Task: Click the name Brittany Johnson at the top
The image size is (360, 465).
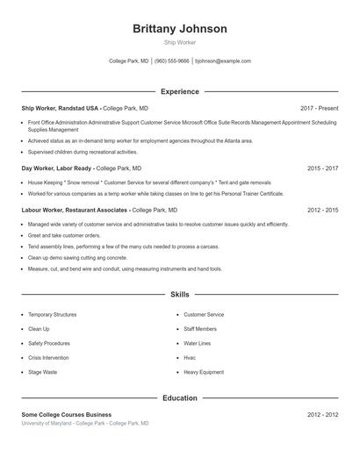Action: [179, 29]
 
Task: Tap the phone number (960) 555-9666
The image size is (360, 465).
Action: [171, 61]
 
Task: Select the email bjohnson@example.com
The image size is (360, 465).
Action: [223, 61]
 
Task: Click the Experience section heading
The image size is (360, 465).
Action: [179, 91]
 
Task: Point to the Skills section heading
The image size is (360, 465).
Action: [179, 295]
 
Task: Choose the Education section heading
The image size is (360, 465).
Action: [179, 398]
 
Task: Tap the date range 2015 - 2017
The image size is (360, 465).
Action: [322, 168]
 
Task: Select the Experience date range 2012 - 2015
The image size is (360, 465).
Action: [322, 211]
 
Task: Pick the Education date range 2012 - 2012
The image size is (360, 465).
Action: [322, 414]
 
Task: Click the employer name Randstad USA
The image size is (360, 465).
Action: [80, 108]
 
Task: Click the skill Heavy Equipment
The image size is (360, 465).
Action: [204, 373]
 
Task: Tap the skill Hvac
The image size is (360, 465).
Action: [190, 358]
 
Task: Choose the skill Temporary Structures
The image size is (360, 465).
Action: [53, 314]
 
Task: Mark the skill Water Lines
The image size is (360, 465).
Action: [198, 343]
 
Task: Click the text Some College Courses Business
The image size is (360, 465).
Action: [67, 414]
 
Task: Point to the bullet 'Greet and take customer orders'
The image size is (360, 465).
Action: [64, 235]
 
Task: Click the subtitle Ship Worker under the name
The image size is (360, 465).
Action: [179, 42]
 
